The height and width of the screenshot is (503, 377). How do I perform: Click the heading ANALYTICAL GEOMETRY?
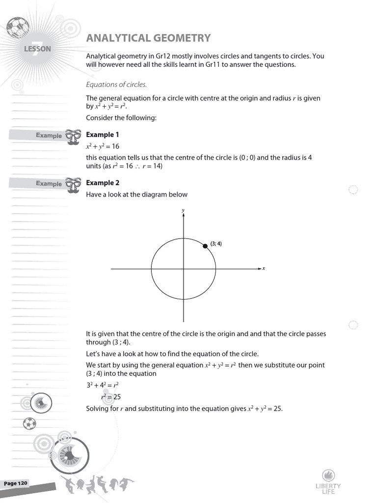pos(148,38)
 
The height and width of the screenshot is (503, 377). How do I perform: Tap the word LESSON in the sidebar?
pos(37,49)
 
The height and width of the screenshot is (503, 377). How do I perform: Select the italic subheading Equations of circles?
pos(116,84)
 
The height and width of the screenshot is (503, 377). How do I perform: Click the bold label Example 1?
pos(103,135)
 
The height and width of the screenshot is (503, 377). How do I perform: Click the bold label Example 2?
pos(103,183)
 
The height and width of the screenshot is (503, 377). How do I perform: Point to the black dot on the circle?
pos(205,246)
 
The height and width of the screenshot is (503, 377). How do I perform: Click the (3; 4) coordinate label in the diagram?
pos(216,244)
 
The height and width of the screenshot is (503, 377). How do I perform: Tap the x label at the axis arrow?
pos(264,268)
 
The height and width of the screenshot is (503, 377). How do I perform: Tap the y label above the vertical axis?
pos(183,210)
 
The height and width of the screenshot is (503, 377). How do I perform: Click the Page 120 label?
pos(16,483)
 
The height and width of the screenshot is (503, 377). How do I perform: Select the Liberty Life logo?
pos(328,481)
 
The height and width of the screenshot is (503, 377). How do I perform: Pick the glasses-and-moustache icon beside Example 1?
pos(73,138)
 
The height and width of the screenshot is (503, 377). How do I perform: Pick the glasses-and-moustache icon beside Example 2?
pos(73,186)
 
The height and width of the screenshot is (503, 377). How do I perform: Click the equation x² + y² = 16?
pos(103,146)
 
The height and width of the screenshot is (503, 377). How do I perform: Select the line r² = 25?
pos(110,397)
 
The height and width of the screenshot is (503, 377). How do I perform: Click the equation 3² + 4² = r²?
pos(103,385)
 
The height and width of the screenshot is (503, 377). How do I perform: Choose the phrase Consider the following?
pos(121,118)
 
